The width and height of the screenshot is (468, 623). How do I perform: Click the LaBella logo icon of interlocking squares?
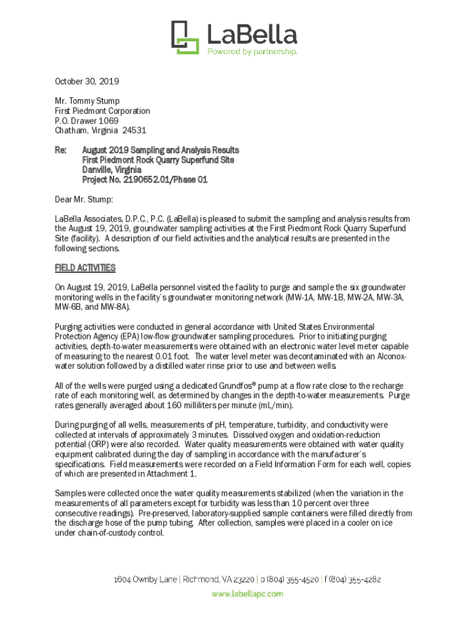[x=185, y=37]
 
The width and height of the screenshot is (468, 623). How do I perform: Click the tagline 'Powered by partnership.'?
[x=252, y=52]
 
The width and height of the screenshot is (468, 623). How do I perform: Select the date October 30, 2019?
[x=87, y=81]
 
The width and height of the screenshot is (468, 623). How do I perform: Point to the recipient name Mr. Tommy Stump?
[x=87, y=101]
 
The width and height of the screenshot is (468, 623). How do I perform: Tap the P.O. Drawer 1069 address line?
[x=86, y=120]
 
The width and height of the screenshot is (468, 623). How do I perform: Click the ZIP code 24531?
[x=134, y=130]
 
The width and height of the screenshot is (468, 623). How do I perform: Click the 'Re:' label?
[x=61, y=150]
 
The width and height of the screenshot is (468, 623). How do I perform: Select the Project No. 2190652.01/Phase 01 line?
[x=145, y=179]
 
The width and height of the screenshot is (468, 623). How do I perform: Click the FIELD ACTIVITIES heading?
[x=85, y=268]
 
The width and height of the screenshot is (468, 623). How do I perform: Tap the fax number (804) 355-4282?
[x=355, y=580]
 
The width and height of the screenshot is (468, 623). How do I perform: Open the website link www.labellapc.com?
[x=247, y=594]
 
